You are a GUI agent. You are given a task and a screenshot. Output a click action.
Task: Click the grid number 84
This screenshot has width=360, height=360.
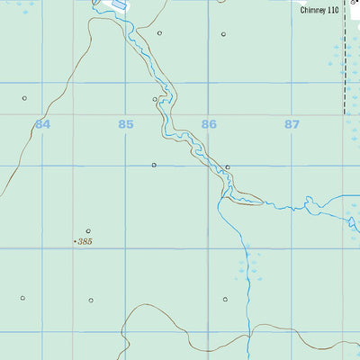42,124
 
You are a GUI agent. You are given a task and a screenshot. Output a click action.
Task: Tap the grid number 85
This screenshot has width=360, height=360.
125,124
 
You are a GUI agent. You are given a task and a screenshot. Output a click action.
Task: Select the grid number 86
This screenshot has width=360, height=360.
209,124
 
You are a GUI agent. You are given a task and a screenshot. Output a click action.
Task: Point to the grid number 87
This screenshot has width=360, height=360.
292,124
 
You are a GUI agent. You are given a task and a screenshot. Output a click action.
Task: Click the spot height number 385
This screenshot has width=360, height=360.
85,242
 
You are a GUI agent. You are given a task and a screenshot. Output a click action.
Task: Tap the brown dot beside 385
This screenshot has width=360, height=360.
75,242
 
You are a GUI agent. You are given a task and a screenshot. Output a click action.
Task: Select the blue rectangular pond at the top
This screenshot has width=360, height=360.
118,4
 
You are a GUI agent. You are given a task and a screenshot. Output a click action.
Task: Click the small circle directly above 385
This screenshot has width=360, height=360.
88,230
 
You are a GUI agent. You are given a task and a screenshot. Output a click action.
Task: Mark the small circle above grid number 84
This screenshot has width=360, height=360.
24,98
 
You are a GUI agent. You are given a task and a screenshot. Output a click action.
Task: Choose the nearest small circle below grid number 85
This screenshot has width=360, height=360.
154,165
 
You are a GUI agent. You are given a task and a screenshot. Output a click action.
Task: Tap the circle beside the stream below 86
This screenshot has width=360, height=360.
229,166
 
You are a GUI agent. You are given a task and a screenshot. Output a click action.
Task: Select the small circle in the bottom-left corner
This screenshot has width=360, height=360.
22,298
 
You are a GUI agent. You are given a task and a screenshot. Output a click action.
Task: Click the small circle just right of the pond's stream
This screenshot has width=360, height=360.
159,33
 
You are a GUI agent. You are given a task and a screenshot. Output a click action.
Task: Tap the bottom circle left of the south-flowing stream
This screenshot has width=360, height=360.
225,299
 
